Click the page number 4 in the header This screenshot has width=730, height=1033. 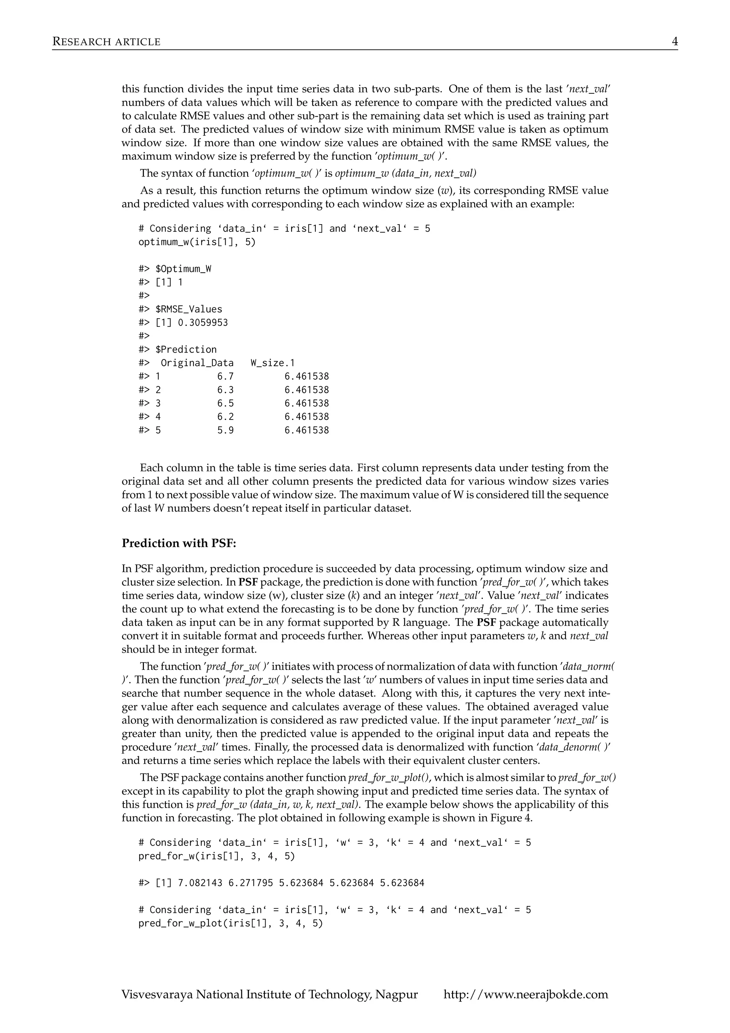coord(675,42)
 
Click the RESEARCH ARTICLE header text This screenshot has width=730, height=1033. coord(106,42)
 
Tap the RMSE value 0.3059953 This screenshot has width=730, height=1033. coord(203,323)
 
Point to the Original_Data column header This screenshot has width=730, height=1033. coord(197,363)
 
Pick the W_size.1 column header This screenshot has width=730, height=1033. coord(273,363)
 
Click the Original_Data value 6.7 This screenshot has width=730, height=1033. coord(225,376)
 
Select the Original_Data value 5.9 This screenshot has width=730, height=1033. coord(225,430)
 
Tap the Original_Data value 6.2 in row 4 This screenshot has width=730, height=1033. coord(225,417)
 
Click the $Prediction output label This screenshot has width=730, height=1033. coord(186,350)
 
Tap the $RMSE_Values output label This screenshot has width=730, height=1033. coord(189,309)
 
